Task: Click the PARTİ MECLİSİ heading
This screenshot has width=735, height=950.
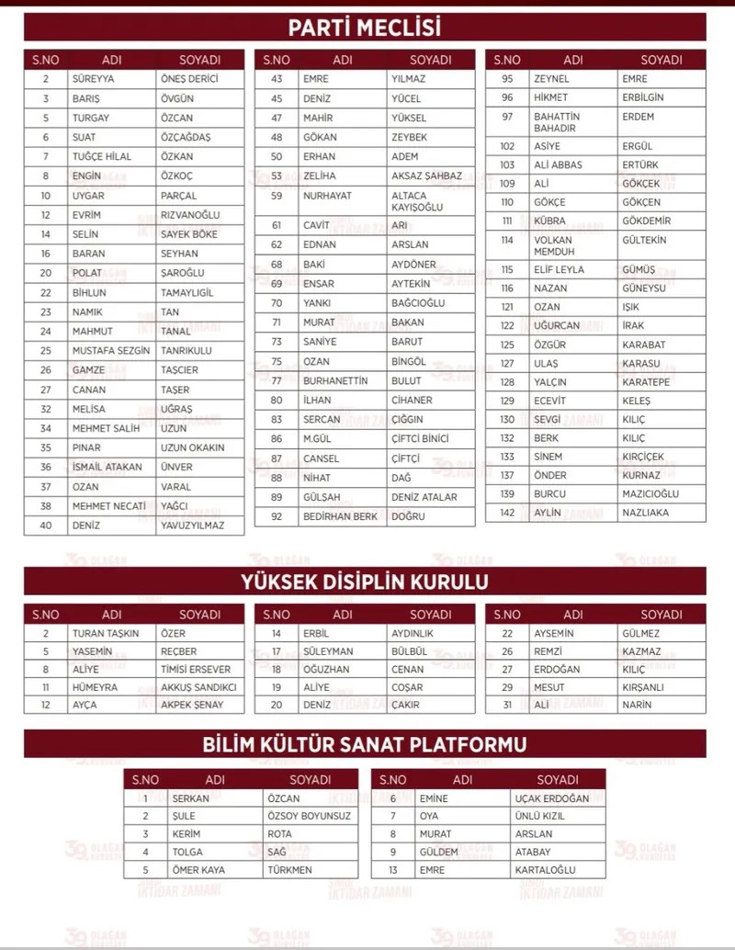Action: [365, 27]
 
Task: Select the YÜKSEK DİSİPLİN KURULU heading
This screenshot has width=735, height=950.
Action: [365, 582]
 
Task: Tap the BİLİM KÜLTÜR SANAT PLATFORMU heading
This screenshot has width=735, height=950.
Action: [365, 744]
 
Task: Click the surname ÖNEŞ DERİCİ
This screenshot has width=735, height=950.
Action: [189, 79]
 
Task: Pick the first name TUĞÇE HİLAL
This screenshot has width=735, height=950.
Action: [102, 156]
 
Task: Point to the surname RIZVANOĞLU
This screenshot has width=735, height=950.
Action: [190, 215]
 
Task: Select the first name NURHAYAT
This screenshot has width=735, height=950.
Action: [327, 196]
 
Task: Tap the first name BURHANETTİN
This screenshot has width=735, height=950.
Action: [335, 380]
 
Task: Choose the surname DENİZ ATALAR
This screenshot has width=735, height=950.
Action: [424, 497]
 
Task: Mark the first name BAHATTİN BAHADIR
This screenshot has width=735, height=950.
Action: [557, 122]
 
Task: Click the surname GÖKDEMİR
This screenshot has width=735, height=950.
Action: [646, 221]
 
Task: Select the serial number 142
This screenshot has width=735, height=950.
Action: [507, 513]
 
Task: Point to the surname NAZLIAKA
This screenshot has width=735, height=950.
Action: [645, 513]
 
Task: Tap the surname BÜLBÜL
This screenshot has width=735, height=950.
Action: [409, 651]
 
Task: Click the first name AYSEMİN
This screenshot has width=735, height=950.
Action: [556, 634]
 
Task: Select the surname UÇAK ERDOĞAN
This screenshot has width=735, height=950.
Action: [552, 799]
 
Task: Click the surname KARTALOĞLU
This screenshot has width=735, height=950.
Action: [545, 869]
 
